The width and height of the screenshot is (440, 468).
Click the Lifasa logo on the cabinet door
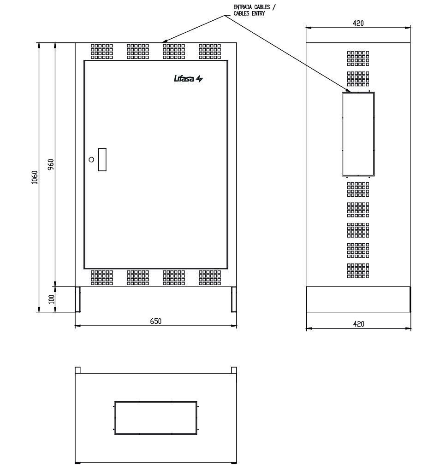coord(188,79)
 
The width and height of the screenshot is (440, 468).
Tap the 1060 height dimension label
coord(35,177)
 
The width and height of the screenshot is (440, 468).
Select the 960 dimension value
coord(51,164)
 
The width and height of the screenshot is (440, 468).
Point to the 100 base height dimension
coord(51,299)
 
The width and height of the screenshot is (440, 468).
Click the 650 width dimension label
coord(156,321)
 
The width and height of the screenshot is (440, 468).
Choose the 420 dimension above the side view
coord(358,23)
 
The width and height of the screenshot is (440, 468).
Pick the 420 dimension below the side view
coord(358,324)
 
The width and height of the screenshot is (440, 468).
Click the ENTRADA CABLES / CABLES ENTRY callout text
coord(255,10)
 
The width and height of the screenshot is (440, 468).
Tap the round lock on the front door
coord(91,160)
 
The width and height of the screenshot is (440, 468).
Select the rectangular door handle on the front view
coord(102,160)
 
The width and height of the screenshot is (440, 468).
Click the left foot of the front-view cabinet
coord(78,299)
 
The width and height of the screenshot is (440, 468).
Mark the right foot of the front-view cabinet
coord(234,299)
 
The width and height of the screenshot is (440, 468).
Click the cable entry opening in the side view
coord(358,134)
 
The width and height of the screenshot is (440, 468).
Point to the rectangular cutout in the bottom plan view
coord(156,418)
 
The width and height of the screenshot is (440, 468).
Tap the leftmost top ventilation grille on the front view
coord(102,52)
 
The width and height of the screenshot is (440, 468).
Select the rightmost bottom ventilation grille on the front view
coord(210,278)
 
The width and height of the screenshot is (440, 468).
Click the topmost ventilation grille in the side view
coord(358,58)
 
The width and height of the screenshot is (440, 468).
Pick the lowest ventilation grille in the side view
coord(358,271)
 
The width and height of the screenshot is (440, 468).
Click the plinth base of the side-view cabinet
coord(358,299)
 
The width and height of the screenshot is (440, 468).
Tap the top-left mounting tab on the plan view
coord(78,370)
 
